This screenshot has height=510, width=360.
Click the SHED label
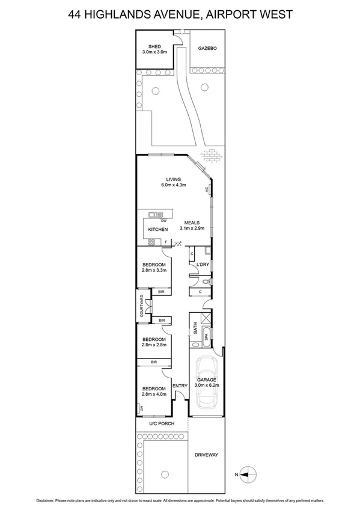click(x=155, y=46)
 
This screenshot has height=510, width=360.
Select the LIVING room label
click(x=173, y=179)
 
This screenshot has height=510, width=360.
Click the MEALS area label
click(x=192, y=223)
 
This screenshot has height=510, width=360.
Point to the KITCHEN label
click(x=158, y=230)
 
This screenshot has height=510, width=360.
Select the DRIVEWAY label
click(x=207, y=455)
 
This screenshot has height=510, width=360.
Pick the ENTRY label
click(x=180, y=386)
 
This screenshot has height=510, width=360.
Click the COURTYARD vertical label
click(x=141, y=306)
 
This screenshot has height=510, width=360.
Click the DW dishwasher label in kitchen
click(x=163, y=221)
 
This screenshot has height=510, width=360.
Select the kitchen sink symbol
click(x=157, y=214)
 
